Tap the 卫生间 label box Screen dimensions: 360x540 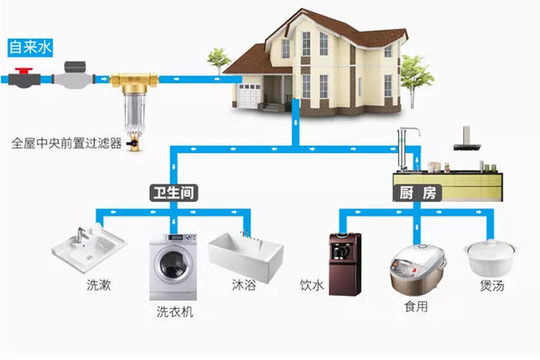[173, 192]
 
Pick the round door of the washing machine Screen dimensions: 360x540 [173, 264]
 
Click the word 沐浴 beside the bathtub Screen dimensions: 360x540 [243, 286]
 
